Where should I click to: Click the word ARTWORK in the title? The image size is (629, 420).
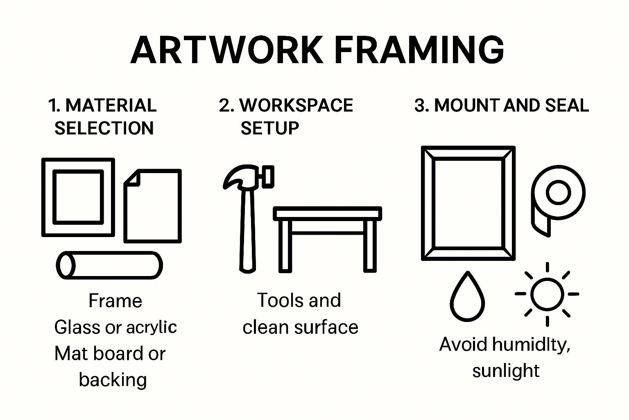pyautogui.click(x=226, y=50)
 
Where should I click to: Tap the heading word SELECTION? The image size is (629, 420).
pyautogui.click(x=104, y=128)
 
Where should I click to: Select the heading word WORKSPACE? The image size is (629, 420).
pyautogui.click(x=296, y=105)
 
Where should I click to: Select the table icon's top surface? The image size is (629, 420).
pyautogui.click(x=328, y=214)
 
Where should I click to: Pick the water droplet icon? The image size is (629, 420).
pyautogui.click(x=467, y=297)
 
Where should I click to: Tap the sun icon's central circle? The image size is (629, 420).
pyautogui.click(x=547, y=294)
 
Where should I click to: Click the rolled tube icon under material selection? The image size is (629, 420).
pyautogui.click(x=109, y=265)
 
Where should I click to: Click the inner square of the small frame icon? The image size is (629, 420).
pyautogui.click(x=78, y=198)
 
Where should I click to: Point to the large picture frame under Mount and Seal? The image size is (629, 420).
pyautogui.click(x=468, y=203)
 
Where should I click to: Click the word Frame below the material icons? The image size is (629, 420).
pyautogui.click(x=115, y=301)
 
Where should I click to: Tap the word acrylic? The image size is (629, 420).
pyautogui.click(x=152, y=327)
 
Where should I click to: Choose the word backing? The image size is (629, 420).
pyautogui.click(x=113, y=380)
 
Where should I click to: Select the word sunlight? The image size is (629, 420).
pyautogui.click(x=506, y=371)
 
